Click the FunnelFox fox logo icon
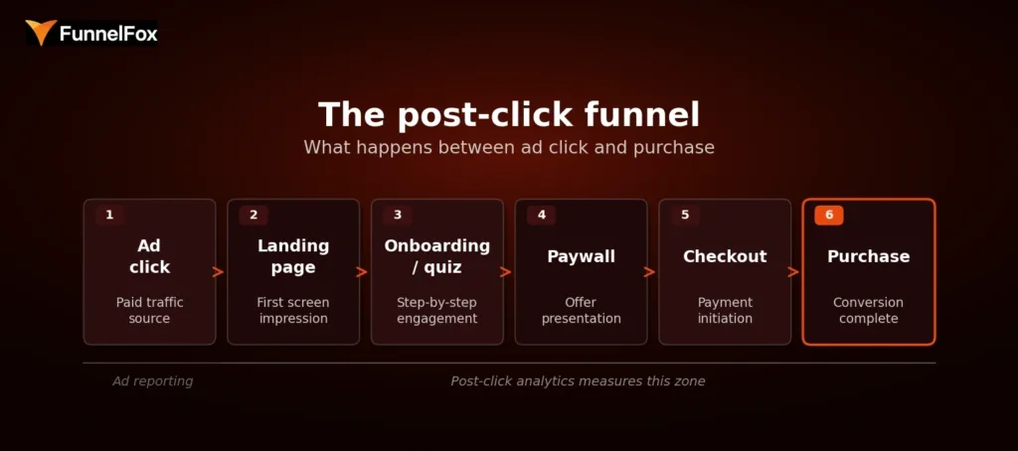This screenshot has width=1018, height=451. point(41,33)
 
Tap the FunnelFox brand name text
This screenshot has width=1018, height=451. point(107,35)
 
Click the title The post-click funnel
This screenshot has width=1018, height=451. point(509,114)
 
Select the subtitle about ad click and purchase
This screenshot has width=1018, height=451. point(509,147)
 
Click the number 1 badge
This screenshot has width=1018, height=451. point(109,215)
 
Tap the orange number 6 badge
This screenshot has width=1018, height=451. point(828,215)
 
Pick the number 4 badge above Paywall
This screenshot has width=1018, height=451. point(541,215)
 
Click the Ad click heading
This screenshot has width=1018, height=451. point(149,256)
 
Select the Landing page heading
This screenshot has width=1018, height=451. point(293,256)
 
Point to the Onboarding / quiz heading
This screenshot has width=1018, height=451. point(437,256)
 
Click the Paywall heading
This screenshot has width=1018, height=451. point(582,256)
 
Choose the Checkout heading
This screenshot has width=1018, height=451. point(725,256)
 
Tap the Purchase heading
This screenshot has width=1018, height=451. point(868,256)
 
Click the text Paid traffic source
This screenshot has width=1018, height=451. point(149,310)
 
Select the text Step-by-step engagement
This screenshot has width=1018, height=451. point(437,310)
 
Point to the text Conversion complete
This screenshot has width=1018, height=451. point(868,310)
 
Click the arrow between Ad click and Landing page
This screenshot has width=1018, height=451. point(219,272)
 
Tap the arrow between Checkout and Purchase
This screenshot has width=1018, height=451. point(794,272)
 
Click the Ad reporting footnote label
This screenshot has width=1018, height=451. point(152,381)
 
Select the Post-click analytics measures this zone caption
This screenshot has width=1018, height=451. point(578,381)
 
